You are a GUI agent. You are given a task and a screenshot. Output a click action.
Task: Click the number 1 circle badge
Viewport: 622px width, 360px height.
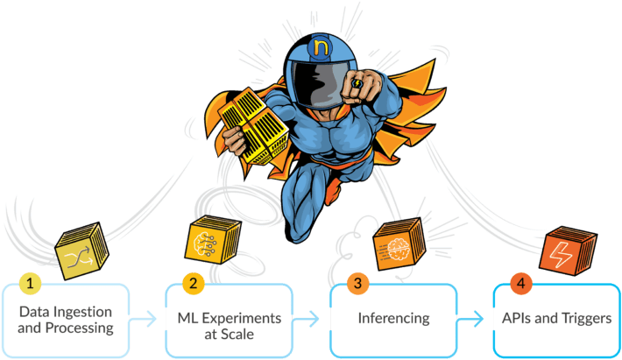point(31,283)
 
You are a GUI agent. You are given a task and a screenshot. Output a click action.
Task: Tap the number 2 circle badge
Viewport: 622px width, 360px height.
point(194,283)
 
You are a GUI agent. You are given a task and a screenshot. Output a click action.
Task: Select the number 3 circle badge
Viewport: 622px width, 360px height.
point(357,283)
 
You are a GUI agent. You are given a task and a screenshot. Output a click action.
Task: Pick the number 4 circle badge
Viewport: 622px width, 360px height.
point(521,283)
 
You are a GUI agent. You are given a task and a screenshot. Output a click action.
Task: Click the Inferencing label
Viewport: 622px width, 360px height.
point(393,317)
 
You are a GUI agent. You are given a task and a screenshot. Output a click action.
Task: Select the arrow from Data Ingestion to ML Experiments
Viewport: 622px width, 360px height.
point(146,321)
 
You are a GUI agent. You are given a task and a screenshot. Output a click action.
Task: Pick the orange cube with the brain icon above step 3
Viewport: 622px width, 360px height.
point(399,242)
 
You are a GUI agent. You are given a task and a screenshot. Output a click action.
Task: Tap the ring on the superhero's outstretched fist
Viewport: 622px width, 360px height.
point(359,84)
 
